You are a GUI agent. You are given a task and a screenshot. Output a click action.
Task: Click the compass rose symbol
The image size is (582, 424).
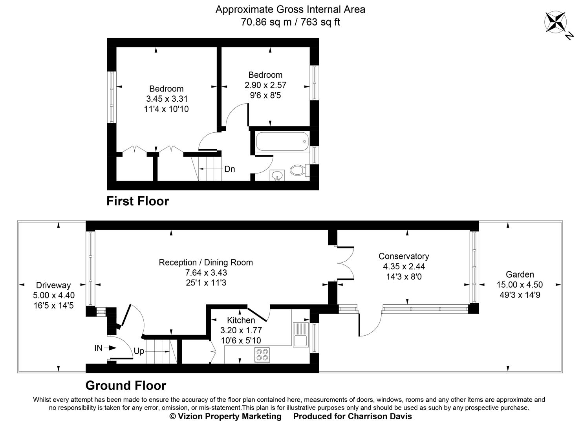555,22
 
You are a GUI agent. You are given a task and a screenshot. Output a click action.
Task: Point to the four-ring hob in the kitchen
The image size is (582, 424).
262,355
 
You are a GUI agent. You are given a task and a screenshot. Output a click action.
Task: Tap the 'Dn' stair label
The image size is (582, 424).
229,169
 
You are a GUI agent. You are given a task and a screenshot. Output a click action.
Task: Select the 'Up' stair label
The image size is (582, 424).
139,351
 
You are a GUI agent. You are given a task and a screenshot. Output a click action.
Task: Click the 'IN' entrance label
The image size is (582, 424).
98,348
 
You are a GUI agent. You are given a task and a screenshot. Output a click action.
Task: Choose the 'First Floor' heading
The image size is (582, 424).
137,201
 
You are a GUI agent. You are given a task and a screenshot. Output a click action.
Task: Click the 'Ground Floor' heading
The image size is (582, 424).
126,386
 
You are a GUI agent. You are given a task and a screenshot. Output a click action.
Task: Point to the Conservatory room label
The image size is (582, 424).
404,256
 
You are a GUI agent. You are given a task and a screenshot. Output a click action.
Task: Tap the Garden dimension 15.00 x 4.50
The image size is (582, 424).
520,285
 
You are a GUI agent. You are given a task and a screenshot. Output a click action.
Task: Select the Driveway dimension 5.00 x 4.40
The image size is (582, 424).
53,295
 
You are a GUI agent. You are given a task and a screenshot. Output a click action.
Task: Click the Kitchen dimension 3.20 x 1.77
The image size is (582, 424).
241,331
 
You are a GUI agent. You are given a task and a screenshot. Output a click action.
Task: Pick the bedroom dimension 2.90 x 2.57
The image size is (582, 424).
265,85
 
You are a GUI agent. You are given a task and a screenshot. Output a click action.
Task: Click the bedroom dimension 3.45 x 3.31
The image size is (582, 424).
167,99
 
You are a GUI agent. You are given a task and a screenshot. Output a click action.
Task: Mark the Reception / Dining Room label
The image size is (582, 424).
206,262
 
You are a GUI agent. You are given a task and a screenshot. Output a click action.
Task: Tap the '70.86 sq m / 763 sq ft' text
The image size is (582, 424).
290,22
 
